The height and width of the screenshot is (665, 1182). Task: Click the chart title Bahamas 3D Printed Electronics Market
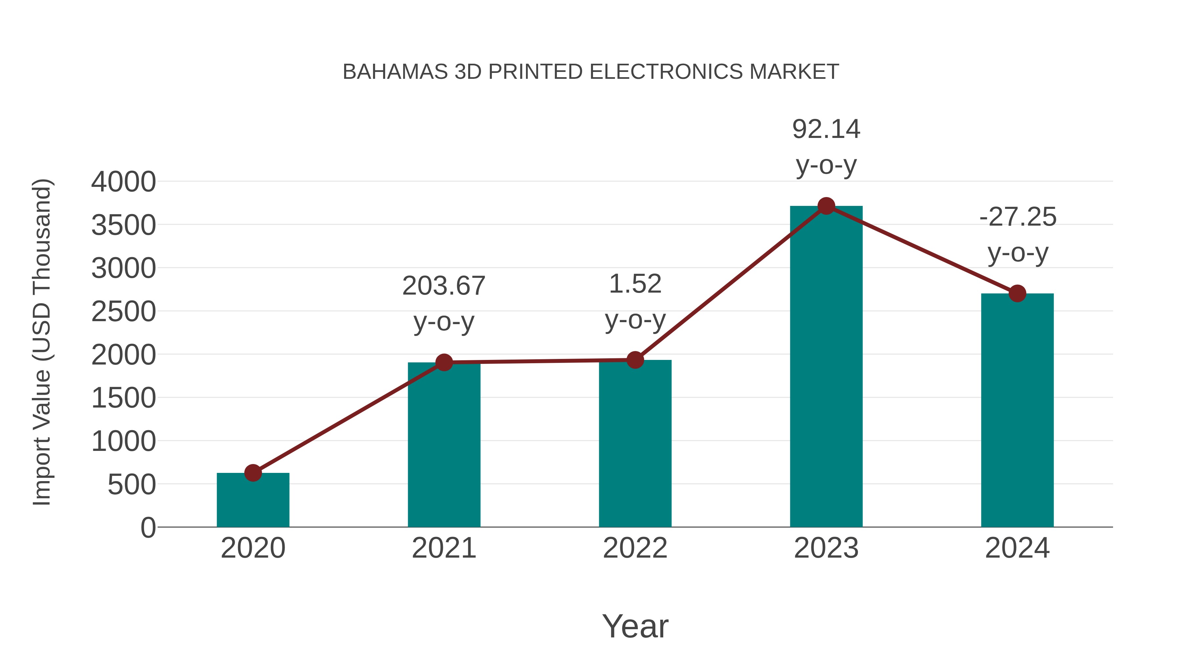tap(591, 72)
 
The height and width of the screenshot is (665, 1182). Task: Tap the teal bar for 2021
tap(444, 450)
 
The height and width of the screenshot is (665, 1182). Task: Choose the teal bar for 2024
tap(1017, 413)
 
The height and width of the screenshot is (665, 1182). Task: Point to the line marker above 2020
tap(253, 473)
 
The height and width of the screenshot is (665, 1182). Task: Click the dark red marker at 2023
tap(826, 206)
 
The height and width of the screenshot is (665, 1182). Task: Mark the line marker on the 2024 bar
tap(1017, 293)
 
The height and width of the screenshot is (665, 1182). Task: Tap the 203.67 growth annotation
tap(444, 286)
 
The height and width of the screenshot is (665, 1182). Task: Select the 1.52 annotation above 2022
tap(635, 284)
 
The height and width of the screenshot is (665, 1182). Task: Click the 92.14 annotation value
tap(826, 129)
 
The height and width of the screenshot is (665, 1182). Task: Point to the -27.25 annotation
tap(1017, 217)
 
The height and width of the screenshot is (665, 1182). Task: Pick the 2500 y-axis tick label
tap(123, 312)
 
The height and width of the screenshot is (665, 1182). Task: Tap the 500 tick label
tap(132, 485)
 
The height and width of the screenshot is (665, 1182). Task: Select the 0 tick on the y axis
tap(148, 528)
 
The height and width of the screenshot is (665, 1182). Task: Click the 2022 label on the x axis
tap(635, 548)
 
